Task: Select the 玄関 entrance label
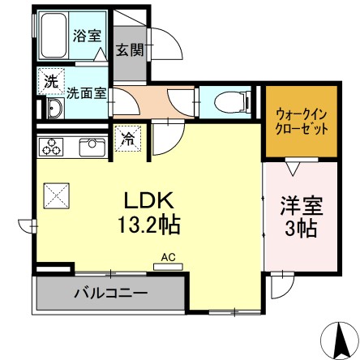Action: click(x=129, y=50)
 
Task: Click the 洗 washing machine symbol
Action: click(x=51, y=80)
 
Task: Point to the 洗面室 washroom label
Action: click(x=87, y=92)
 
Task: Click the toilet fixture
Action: click(x=230, y=102)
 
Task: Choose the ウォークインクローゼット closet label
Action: click(x=301, y=121)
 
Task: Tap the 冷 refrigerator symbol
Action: click(x=130, y=138)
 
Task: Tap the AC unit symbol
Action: click(x=168, y=259)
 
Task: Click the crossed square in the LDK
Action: click(x=57, y=194)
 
